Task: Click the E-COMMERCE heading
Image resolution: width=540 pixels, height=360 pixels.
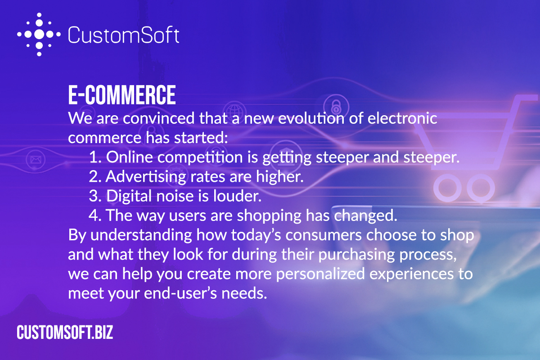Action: point(121,95)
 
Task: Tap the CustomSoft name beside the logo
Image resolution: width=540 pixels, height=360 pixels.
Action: point(124,35)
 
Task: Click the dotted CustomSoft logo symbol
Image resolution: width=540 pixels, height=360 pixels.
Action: point(39,34)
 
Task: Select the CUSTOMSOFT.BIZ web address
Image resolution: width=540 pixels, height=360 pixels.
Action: point(65,333)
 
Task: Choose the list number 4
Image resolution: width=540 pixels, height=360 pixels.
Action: point(94,216)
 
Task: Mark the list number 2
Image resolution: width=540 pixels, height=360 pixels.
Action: point(94,177)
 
